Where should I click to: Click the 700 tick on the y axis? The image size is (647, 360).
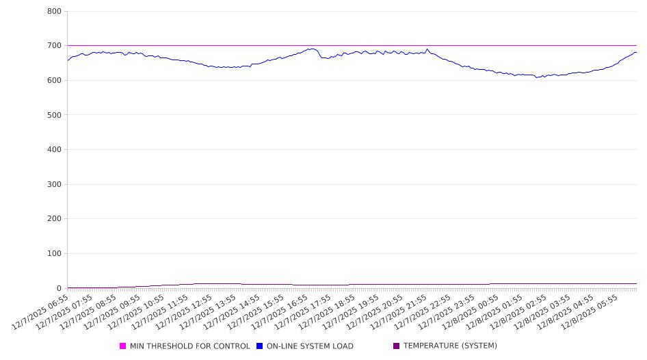(x=54, y=46)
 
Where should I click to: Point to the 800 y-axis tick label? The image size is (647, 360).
(x=54, y=12)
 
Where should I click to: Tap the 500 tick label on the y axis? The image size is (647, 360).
(x=54, y=115)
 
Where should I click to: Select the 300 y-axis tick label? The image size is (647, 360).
(x=54, y=184)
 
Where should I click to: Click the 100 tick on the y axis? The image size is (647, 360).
(x=54, y=254)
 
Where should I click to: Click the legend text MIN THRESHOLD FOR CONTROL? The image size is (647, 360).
(x=189, y=346)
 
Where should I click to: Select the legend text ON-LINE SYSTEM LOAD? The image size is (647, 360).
(x=309, y=346)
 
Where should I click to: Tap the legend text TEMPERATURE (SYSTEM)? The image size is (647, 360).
(x=449, y=346)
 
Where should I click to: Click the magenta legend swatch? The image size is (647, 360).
(x=123, y=346)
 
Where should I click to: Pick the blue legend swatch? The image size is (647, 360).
(x=260, y=346)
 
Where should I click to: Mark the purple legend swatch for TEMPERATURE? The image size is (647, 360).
(x=396, y=346)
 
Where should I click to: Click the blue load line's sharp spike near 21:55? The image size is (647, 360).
(x=427, y=49)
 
